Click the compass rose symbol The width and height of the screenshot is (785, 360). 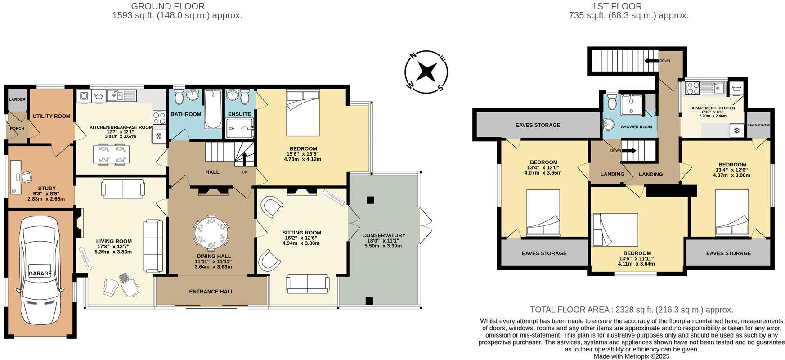pos(426,72)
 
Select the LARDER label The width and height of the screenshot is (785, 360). pos(17,99)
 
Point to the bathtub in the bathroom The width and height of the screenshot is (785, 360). pos(212,108)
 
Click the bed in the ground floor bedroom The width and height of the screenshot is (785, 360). pos(303,113)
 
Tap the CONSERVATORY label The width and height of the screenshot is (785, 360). pos(383,235)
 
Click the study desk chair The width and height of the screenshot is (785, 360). pos(27,177)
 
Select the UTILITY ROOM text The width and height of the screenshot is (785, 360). pos(51,116)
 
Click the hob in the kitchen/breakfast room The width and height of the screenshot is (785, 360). pos(159,118)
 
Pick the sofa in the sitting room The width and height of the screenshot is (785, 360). pos(307,283)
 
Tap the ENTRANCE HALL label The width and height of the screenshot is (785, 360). pos(211,292)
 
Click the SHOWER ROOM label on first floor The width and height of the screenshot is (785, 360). pos(636,127)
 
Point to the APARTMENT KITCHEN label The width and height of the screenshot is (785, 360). pos(713,108)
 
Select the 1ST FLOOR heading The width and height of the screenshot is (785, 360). pos(629,6)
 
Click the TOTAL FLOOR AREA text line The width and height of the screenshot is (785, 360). pos(631,310)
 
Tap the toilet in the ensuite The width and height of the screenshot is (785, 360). pos(245,96)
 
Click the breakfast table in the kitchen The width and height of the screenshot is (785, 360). pos(112,154)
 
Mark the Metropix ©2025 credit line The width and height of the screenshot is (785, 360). pos(632,356)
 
